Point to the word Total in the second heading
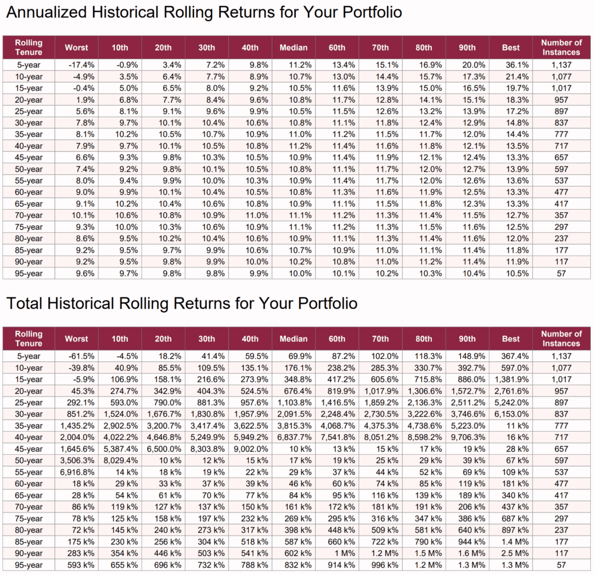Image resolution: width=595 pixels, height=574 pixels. click(x=25, y=303)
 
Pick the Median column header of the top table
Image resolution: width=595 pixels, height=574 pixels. click(x=293, y=48)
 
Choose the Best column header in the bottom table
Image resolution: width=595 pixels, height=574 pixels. click(x=511, y=339)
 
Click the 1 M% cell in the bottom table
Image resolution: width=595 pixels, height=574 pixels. click(x=342, y=554)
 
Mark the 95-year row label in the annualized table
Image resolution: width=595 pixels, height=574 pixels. click(x=28, y=274)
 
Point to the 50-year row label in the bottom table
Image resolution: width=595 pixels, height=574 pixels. click(x=28, y=461)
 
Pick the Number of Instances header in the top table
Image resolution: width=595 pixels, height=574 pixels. click(x=561, y=47)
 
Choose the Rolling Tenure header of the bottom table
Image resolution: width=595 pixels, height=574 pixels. click(x=28, y=339)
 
